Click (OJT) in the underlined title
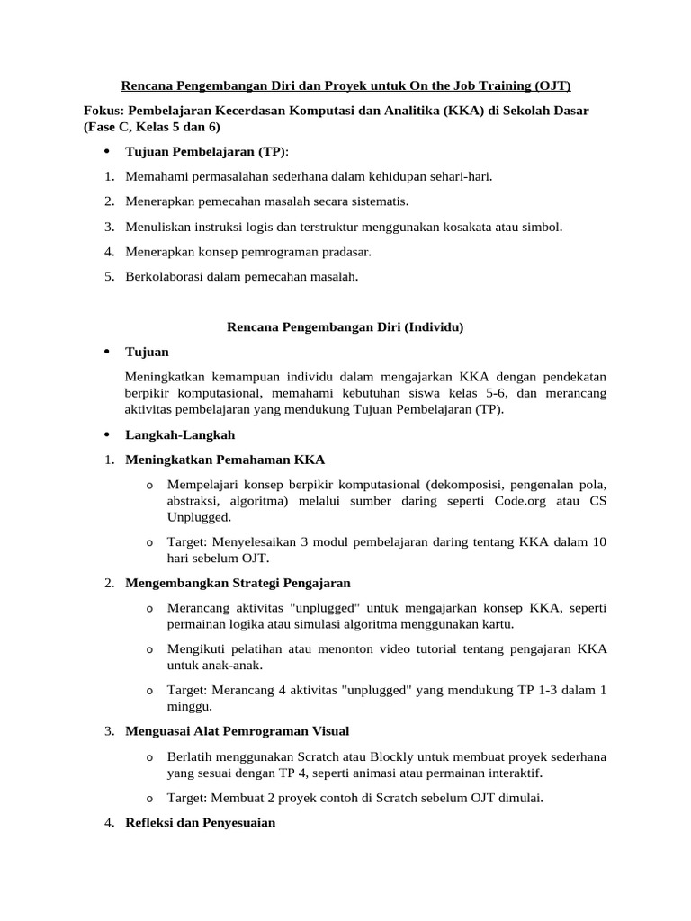(551, 85)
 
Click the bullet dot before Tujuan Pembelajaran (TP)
(108, 150)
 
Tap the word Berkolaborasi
(165, 277)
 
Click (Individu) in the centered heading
(431, 327)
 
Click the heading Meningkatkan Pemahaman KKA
(225, 460)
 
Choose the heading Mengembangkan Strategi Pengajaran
(238, 583)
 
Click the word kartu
(497, 624)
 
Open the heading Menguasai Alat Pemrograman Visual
(237, 731)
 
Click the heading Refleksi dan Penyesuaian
(200, 823)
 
